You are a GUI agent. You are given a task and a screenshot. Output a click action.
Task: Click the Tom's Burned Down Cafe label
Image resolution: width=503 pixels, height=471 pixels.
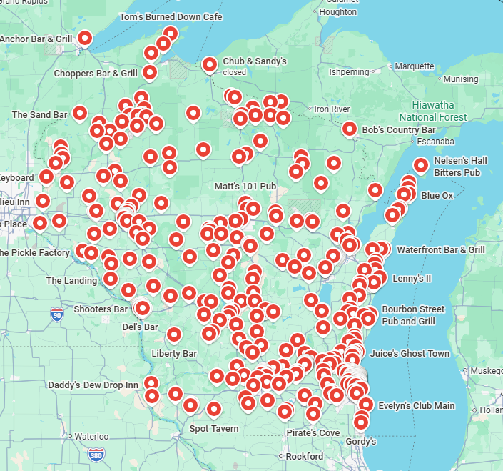pos(171,16)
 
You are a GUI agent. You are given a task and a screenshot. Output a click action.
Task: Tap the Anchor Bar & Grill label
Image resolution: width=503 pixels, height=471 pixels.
pos(36,39)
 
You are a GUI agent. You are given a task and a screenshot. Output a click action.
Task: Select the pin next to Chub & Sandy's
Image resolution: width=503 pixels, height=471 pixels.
pos(210,64)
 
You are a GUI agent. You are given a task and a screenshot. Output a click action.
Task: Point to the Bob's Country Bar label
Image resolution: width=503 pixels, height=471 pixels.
pos(398,130)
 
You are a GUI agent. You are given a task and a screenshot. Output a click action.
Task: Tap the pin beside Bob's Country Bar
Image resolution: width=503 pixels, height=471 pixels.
pos(350,129)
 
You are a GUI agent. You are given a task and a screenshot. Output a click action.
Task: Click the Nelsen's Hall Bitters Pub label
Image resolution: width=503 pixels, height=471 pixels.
pos(460,167)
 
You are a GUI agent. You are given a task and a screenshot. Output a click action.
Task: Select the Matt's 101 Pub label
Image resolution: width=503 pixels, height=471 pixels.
pos(245,187)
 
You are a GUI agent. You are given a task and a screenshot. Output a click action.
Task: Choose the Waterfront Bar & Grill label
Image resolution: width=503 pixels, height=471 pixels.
pos(440,250)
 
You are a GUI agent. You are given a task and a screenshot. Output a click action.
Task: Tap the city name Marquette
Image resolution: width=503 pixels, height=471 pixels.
pos(414,66)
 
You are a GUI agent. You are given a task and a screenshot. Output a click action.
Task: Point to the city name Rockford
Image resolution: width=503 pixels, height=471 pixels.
pos(304,457)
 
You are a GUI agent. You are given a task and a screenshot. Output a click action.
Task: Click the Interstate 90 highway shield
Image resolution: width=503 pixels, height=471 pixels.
pos(57,313)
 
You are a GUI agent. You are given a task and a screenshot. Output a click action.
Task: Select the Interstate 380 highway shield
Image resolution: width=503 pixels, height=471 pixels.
pos(96,455)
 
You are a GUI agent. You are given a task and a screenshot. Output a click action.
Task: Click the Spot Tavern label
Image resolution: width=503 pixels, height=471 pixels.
pos(214,429)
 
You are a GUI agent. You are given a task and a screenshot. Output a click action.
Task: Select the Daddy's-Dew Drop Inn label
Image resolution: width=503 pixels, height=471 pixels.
pos(93,385)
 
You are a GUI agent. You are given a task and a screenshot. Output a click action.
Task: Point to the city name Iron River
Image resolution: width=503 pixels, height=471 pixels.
pos(332,109)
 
